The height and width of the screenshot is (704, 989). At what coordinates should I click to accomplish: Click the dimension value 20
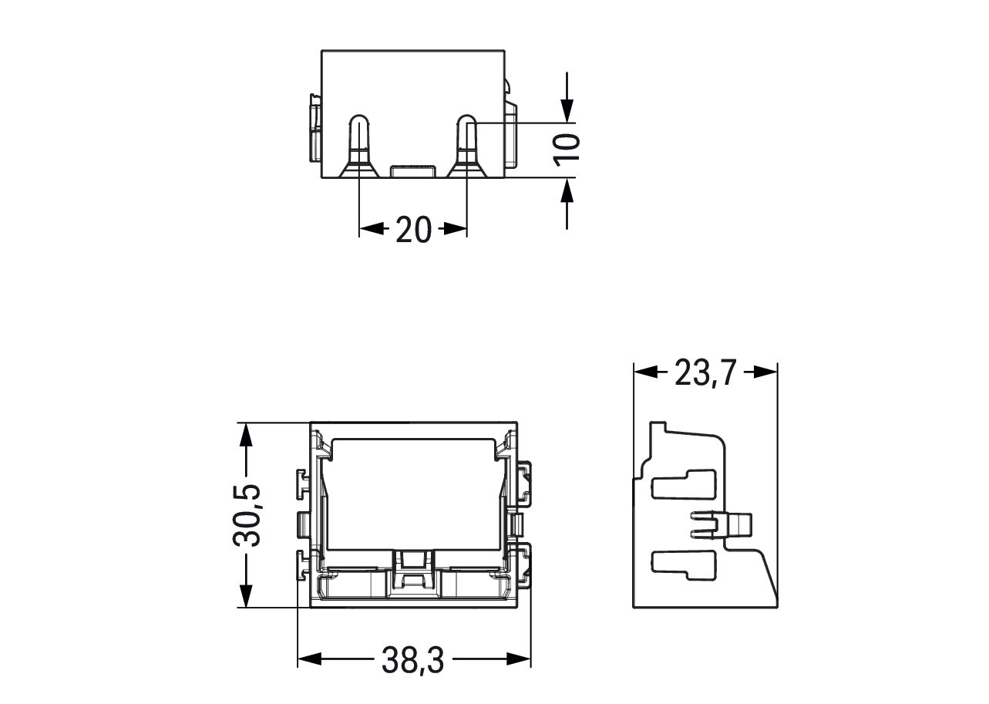tap(413, 229)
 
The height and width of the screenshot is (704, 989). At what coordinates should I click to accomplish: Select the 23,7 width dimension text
tap(705, 372)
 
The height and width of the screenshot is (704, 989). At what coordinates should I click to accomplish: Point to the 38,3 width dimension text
tap(413, 659)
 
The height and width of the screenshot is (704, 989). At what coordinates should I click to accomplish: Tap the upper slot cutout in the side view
tap(682, 484)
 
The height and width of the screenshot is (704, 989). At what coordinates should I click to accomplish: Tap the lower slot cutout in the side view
tap(682, 563)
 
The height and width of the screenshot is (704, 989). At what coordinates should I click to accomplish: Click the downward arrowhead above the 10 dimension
tap(567, 111)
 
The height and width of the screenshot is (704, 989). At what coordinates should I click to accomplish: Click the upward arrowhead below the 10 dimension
tap(567, 190)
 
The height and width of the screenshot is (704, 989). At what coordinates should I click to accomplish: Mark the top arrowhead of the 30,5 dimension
tap(246, 435)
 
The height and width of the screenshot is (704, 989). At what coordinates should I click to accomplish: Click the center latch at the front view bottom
tap(413, 571)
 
